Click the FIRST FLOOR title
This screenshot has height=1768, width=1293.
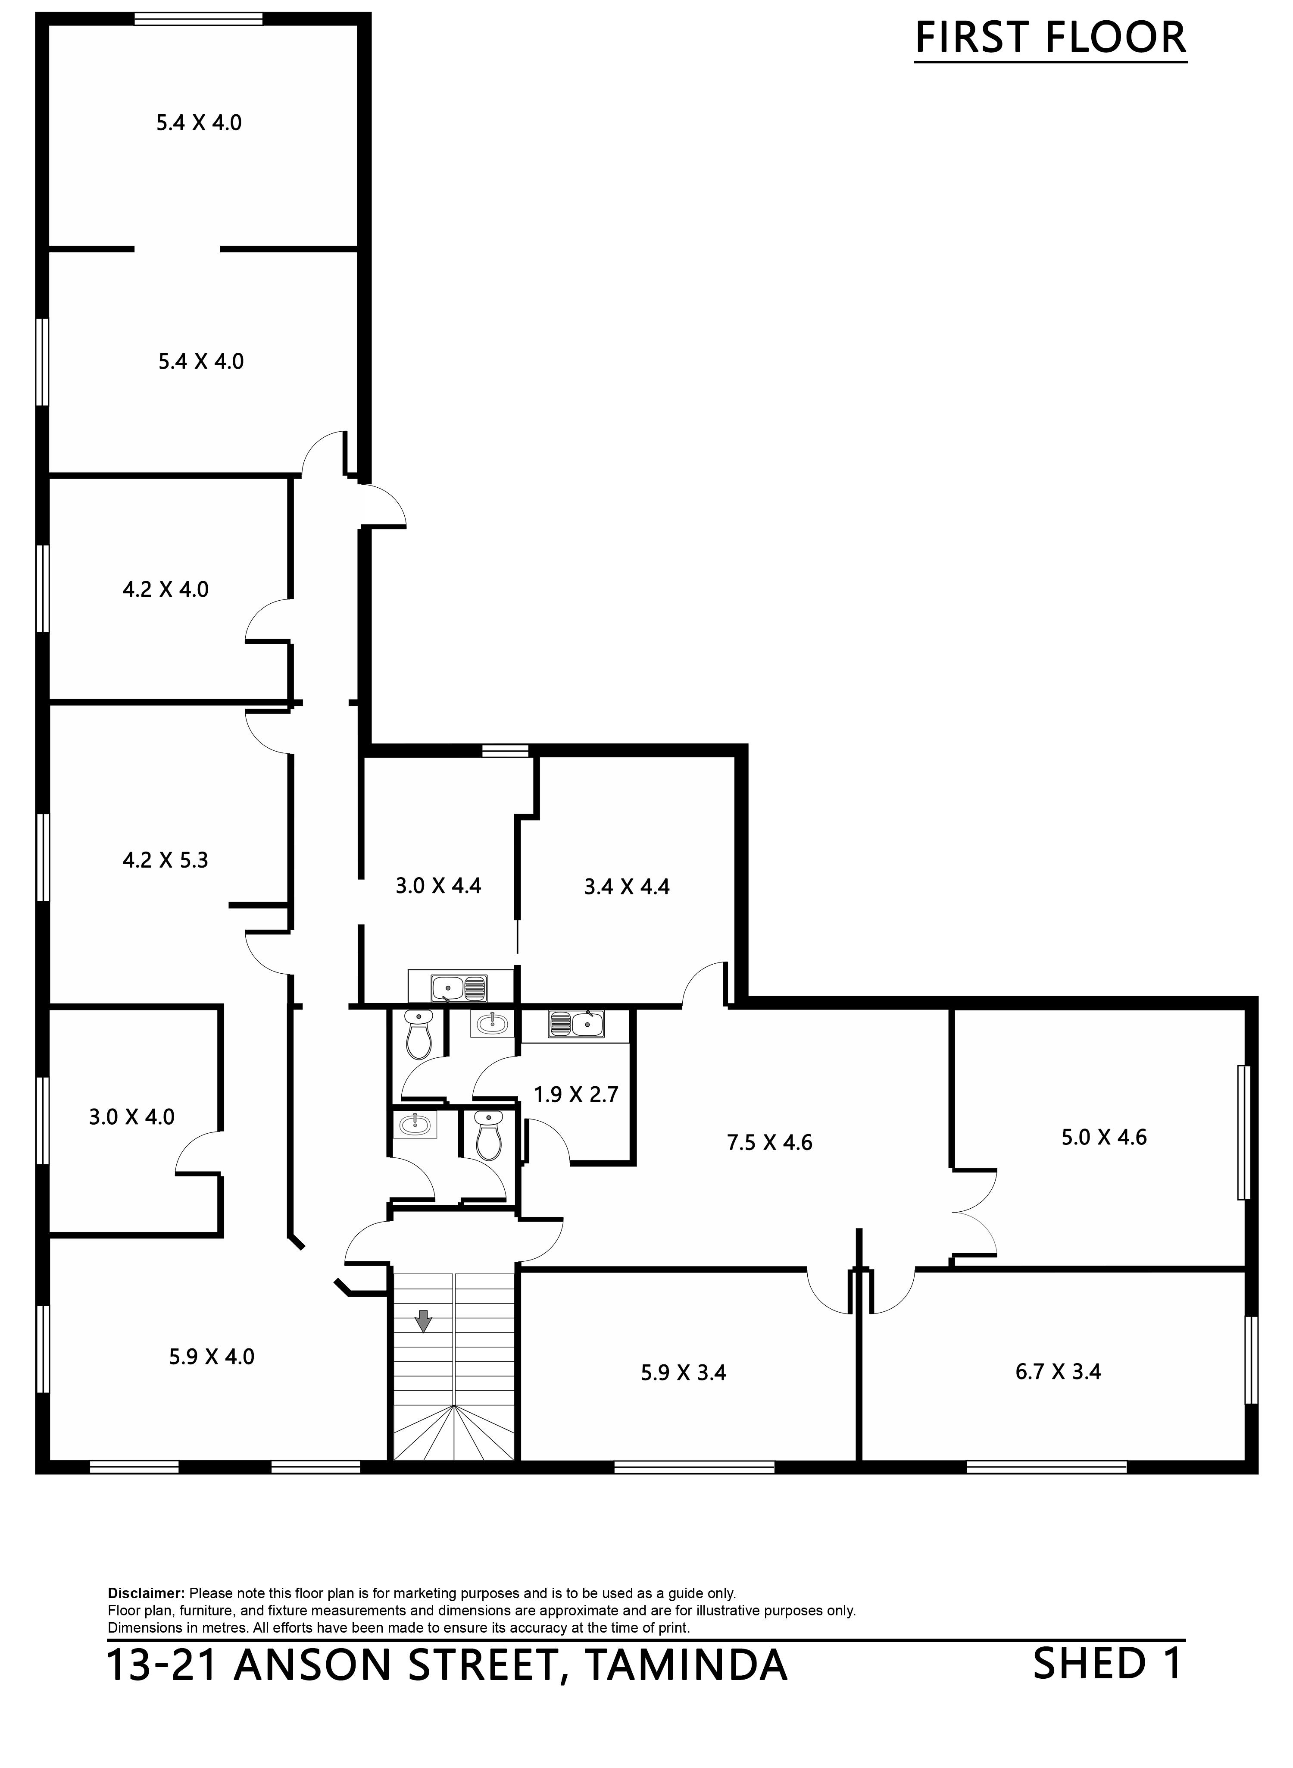pos(1050,38)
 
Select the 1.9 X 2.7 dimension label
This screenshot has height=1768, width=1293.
pos(576,1094)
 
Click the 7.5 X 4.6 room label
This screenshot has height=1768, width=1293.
pos(769,1142)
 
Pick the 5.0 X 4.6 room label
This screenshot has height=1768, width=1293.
pos(1104,1137)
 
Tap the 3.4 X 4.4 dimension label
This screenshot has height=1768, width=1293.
pos(627,886)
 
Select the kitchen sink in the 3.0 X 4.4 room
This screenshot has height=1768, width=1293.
pos(459,988)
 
